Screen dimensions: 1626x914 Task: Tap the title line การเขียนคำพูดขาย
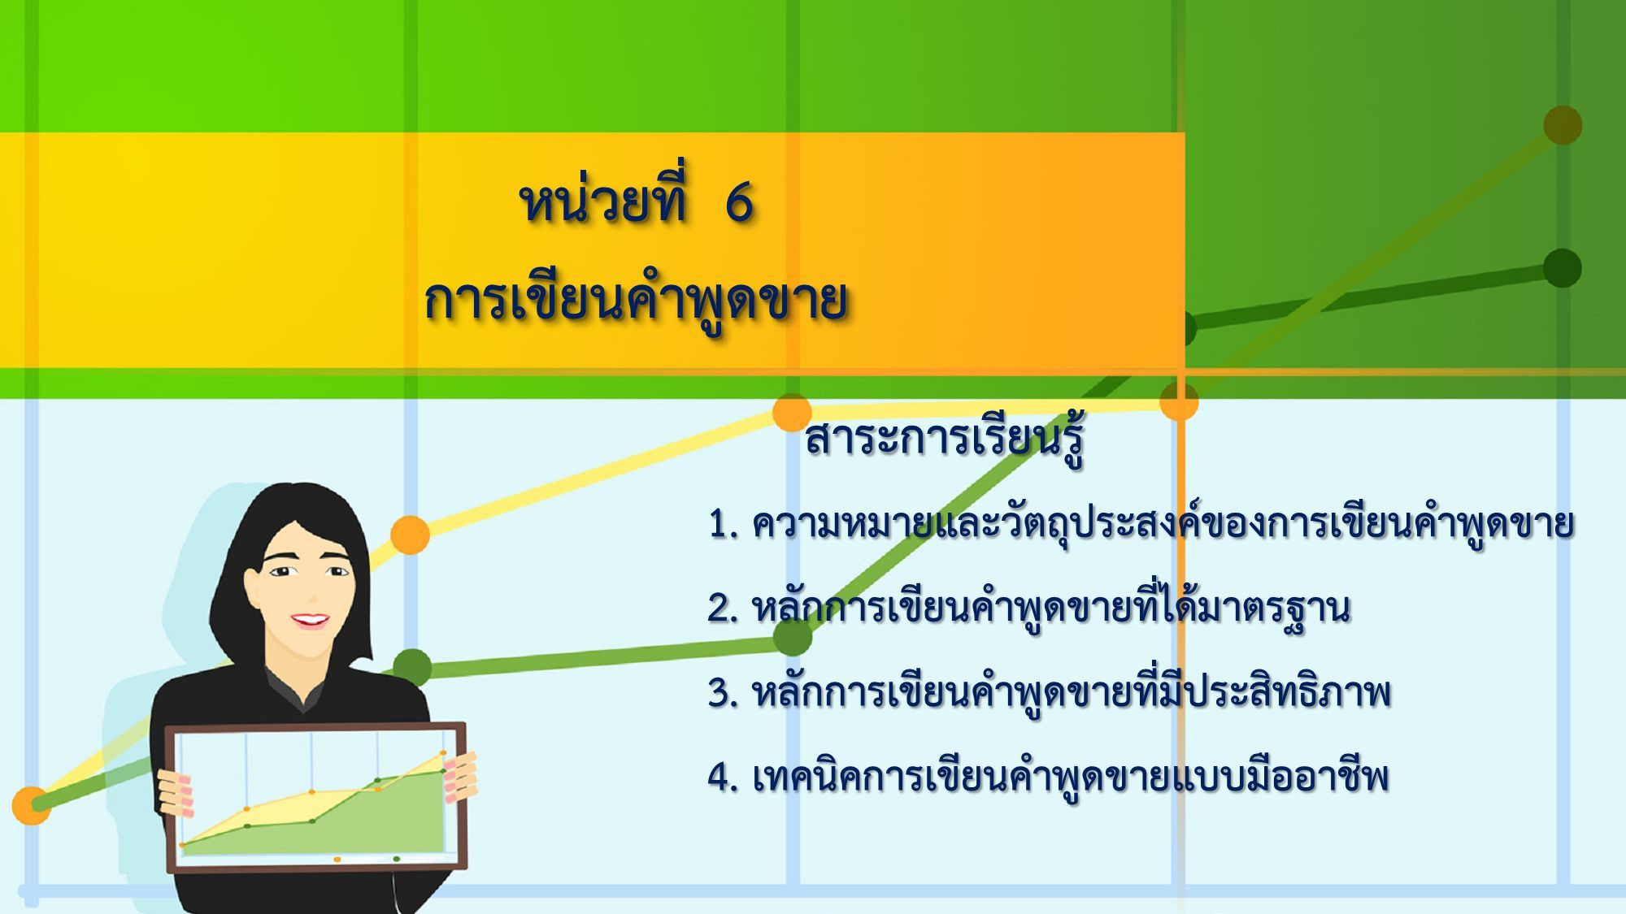click(x=635, y=301)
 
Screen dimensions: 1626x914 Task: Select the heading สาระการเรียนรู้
click(x=945, y=439)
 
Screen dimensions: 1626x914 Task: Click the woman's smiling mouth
click(x=310, y=621)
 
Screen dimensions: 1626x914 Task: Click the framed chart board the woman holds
click(x=316, y=797)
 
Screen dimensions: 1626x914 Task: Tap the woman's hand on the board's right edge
click(x=460, y=777)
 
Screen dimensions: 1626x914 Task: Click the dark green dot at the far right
click(x=1562, y=268)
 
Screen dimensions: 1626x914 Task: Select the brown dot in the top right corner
click(x=1563, y=125)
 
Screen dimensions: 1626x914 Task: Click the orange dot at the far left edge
click(x=31, y=805)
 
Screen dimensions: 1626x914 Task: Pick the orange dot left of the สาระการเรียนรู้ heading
click(x=792, y=413)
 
